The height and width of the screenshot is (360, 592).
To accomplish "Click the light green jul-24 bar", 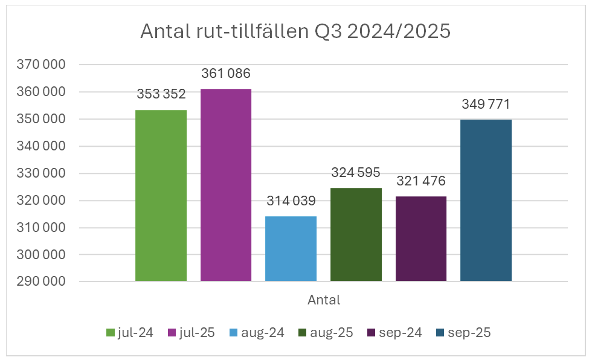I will [161, 196].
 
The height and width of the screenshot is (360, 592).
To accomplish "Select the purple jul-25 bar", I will [226, 185].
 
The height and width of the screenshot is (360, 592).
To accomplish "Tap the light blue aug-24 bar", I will [291, 249].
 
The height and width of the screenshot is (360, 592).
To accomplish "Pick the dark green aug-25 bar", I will [356, 234].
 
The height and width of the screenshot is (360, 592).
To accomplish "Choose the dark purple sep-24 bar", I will [421, 239].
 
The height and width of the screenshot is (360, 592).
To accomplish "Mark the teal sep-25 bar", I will [486, 201].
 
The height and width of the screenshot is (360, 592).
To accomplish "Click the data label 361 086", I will [226, 74].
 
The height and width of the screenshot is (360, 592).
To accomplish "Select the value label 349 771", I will [486, 104].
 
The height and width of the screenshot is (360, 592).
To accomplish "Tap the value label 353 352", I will [161, 95].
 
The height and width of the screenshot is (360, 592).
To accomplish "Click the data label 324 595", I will [356, 173].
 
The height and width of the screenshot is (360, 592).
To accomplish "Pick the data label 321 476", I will [421, 181].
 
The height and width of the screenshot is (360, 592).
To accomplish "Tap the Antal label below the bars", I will [324, 300].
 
